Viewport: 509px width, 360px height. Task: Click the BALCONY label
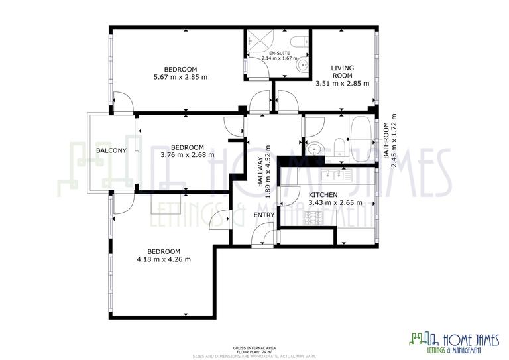(x=111, y=151)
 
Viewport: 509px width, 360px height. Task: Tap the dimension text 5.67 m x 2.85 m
(x=180, y=77)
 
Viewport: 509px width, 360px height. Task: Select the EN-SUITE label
(x=279, y=52)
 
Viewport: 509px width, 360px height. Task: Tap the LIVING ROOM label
(x=342, y=72)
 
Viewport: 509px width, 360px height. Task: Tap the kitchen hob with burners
(x=312, y=217)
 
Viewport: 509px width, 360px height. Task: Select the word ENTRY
(x=264, y=214)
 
